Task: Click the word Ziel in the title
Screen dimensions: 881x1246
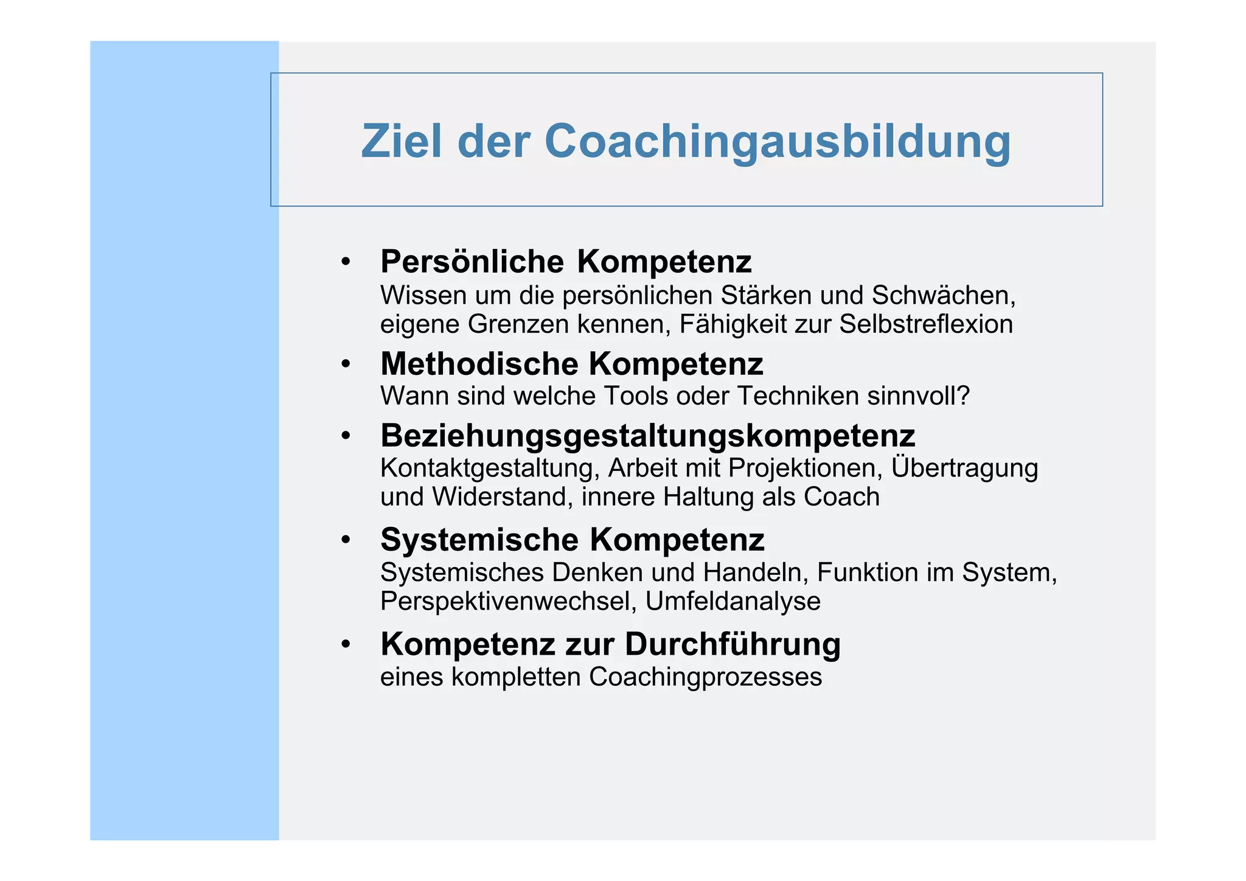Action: [402, 141]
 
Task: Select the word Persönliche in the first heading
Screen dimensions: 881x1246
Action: [472, 262]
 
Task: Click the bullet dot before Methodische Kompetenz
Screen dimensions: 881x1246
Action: [346, 364]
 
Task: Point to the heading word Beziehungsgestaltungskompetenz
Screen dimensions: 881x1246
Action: [648, 436]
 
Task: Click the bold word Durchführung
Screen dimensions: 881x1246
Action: [733, 644]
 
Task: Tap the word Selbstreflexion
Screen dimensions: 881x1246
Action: [926, 324]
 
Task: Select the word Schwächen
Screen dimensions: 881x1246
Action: [944, 296]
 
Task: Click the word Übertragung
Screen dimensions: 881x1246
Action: [964, 468]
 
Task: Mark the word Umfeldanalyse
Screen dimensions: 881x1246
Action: [733, 601]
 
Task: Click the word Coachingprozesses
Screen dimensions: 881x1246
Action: [705, 677]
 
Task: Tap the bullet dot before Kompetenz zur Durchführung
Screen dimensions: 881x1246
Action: [346, 644]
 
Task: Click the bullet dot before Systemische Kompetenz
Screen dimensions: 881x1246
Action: [346, 540]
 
